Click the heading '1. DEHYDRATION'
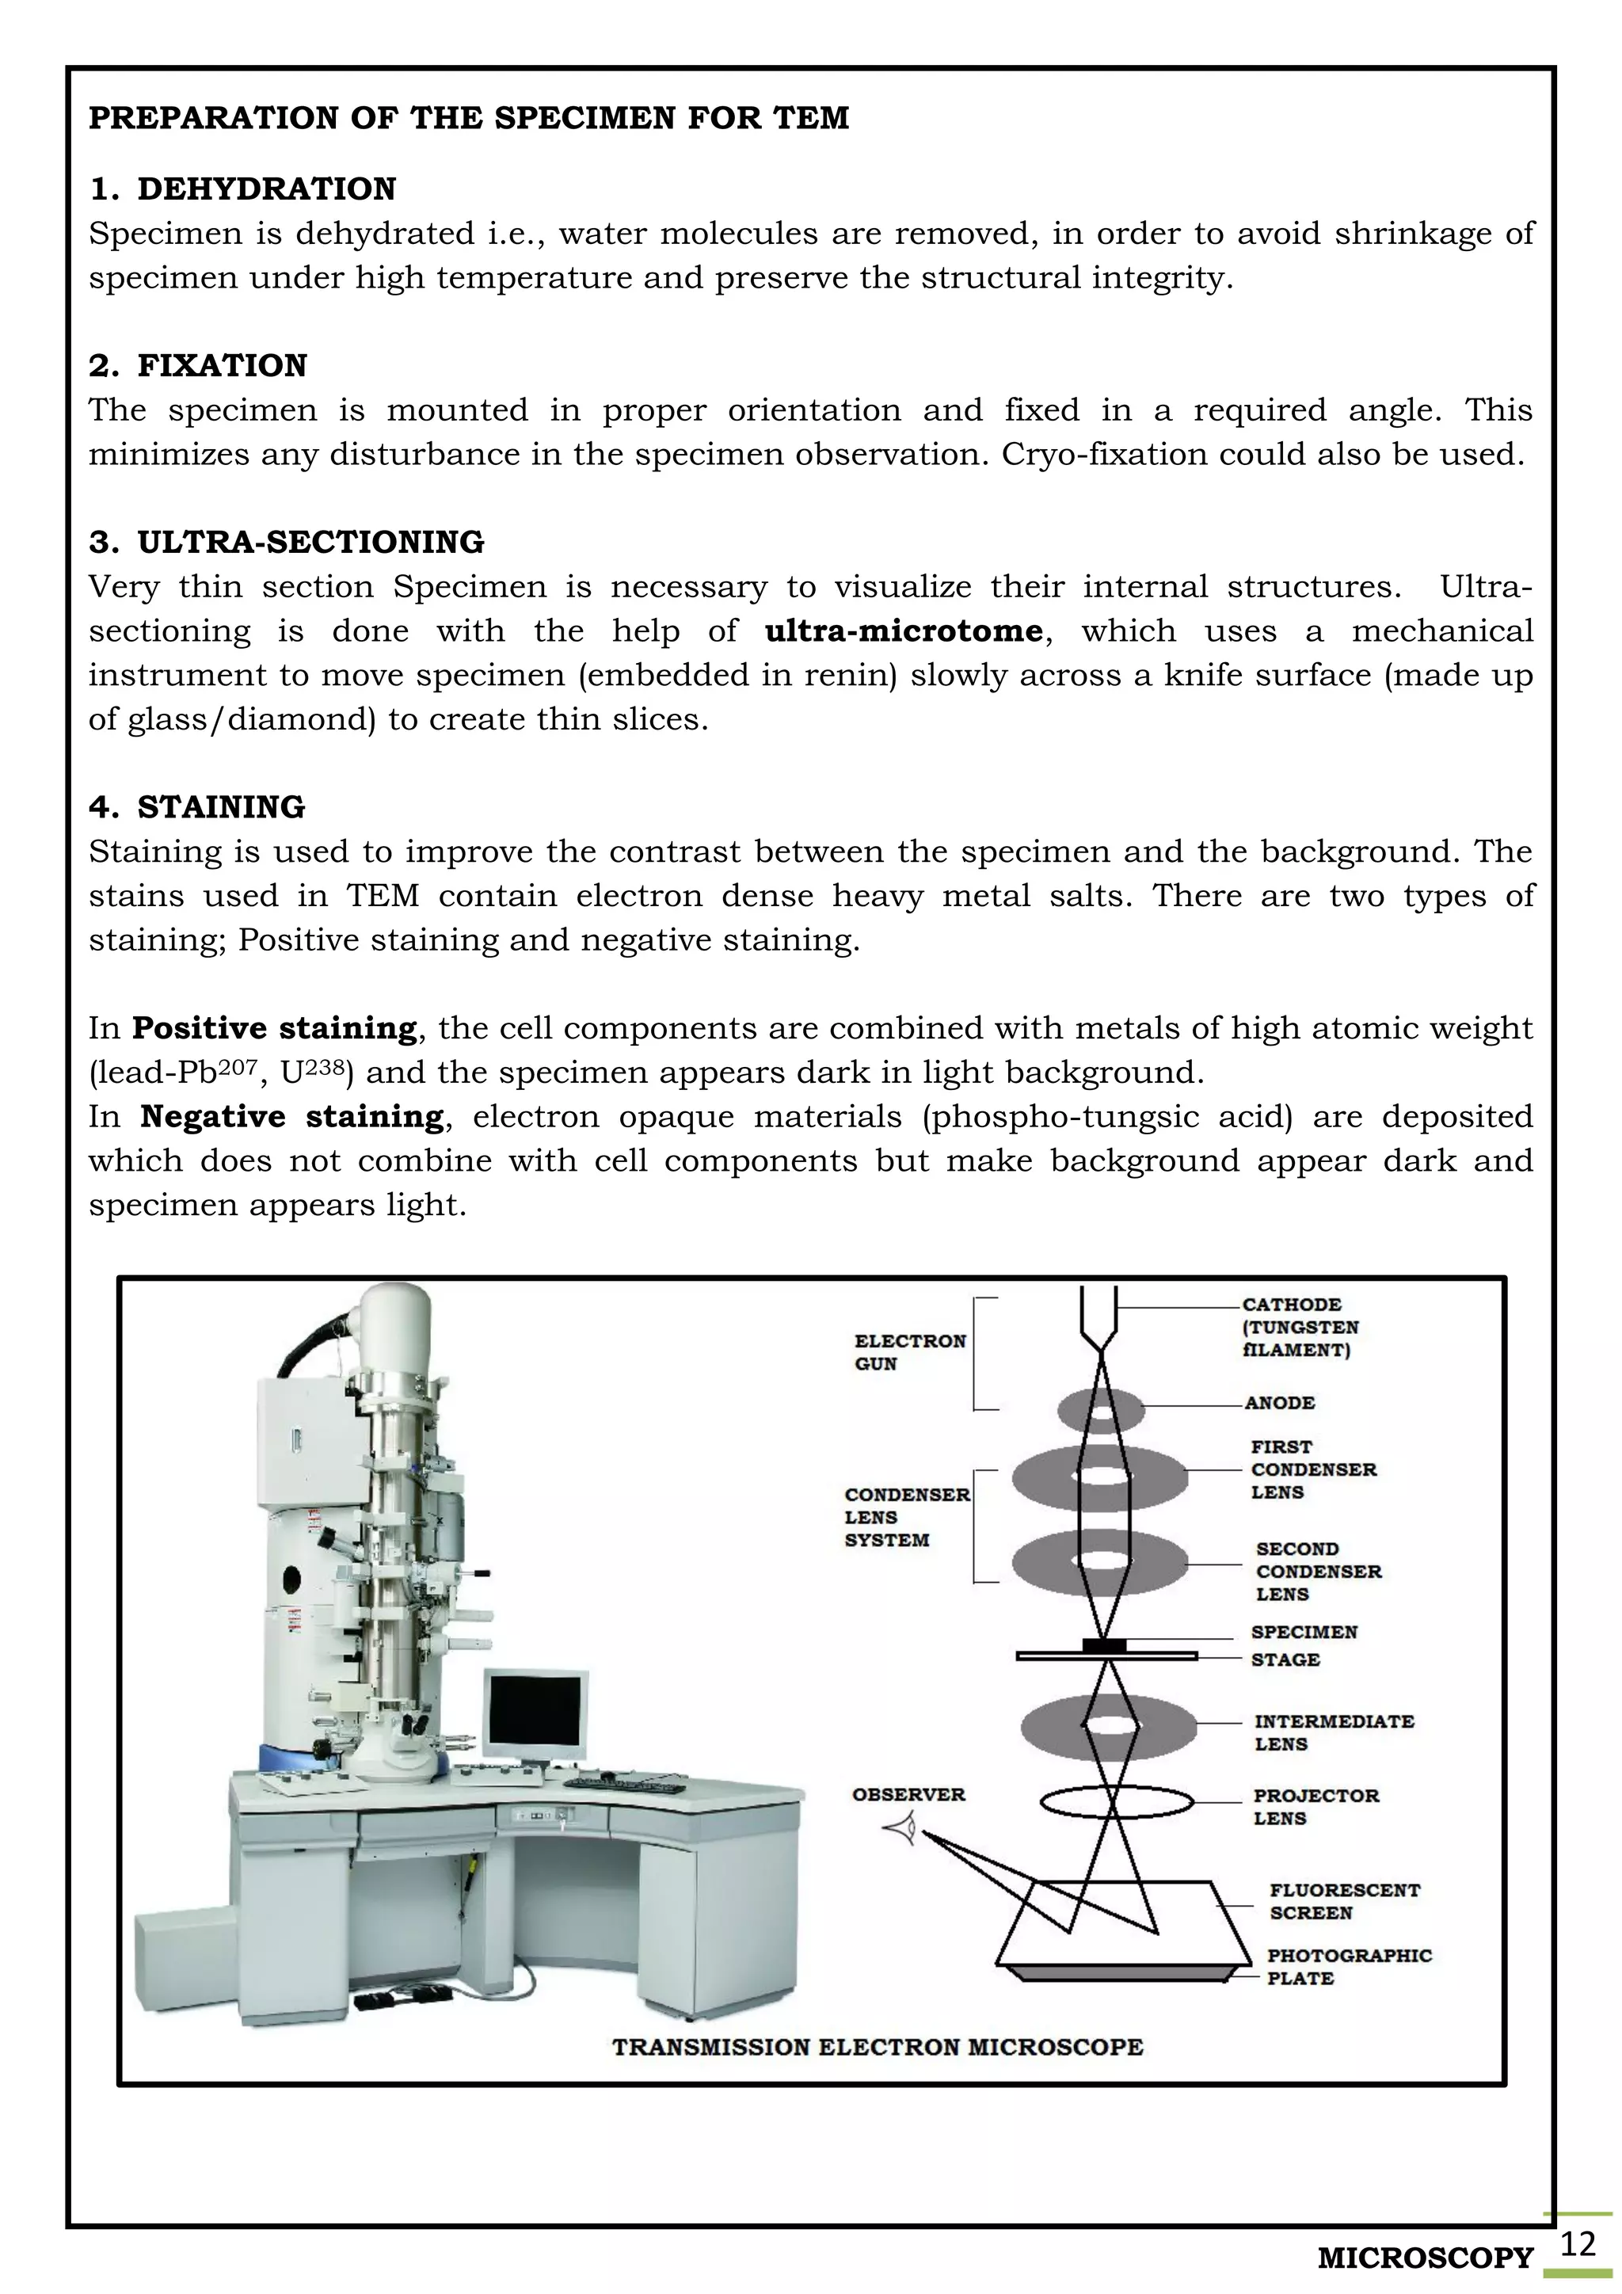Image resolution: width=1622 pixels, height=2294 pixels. coord(242,189)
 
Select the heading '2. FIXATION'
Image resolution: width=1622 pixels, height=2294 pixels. coord(198,366)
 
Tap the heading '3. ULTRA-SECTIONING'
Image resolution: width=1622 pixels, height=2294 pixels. coord(287,543)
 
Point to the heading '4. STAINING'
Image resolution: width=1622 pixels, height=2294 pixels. coord(196,807)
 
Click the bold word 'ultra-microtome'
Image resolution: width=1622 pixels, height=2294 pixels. coord(904,631)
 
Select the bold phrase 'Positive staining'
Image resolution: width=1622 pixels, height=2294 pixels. coord(275,1028)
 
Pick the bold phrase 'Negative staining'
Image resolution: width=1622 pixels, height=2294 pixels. coord(291,1117)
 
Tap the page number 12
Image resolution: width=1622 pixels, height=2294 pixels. coord(1577,2245)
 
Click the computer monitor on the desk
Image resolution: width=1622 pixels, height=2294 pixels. coord(535,1717)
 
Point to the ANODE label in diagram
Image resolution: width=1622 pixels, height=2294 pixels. coord(1279,1403)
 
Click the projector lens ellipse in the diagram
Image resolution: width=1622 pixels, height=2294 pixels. coord(1117,1802)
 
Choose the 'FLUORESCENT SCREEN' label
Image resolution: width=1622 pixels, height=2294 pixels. coord(1344,1901)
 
